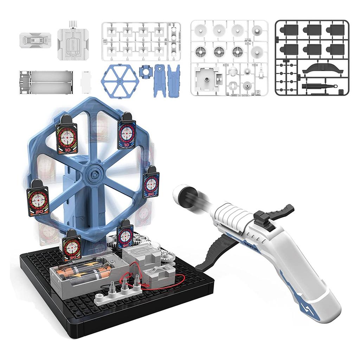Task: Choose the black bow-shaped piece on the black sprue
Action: click(322, 69)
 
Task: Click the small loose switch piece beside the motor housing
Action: click(36, 40)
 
